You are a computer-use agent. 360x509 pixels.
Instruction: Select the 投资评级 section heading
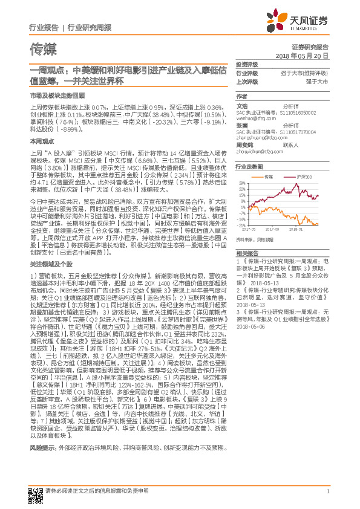pos(246,64)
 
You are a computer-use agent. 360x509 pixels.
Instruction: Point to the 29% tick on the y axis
pos(243,183)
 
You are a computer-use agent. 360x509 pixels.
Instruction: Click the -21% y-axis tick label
pos(242,224)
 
